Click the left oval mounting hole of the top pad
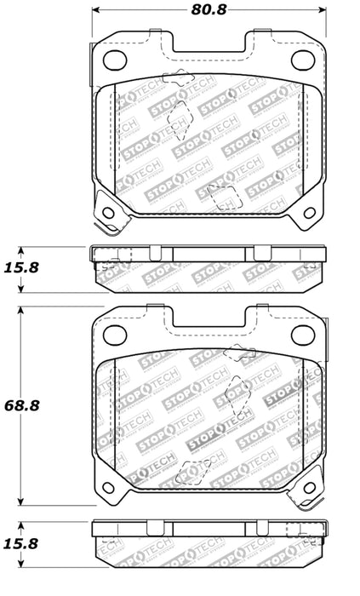click(x=113, y=59)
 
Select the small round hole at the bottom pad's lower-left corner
click(x=108, y=489)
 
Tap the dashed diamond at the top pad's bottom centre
click(x=224, y=198)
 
